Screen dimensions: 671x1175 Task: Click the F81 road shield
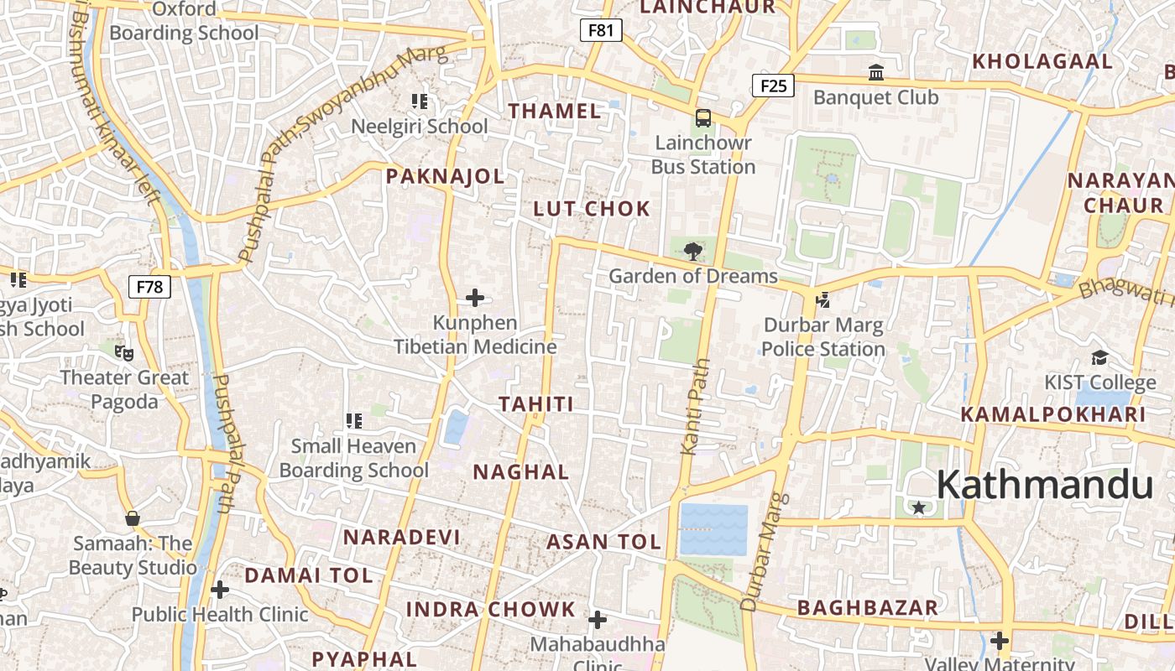(601, 31)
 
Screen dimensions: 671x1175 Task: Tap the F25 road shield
(772, 85)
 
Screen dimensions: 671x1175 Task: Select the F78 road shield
(149, 287)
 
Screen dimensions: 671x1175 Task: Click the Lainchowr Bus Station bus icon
(703, 118)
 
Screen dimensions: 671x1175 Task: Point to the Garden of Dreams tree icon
(692, 251)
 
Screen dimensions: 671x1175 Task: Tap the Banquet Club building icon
(876, 73)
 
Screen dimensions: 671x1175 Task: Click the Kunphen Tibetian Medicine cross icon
(475, 298)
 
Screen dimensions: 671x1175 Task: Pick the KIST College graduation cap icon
(1099, 358)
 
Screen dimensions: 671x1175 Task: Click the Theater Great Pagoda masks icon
(124, 352)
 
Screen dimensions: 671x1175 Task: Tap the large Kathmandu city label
(1044, 485)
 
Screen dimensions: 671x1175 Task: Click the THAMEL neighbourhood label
(555, 111)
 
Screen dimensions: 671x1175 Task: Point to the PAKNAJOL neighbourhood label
(445, 176)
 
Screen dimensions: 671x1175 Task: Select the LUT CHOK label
(592, 209)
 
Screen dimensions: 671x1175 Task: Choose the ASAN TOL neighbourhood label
(603, 542)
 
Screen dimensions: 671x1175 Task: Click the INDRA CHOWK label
(491, 610)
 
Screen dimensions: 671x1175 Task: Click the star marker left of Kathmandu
(919, 507)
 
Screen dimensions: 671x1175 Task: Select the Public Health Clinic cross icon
(220, 590)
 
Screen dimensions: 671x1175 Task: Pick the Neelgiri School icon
(420, 101)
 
